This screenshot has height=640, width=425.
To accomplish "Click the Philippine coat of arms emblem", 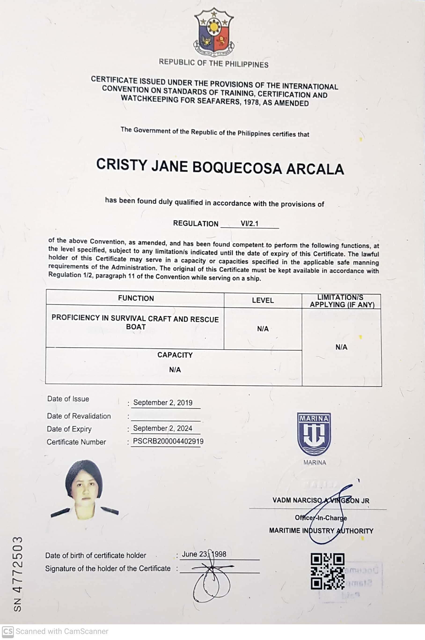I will tap(214, 32).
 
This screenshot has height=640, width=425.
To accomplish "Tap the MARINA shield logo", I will tap(314, 434).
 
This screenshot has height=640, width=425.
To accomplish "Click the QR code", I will tap(327, 571).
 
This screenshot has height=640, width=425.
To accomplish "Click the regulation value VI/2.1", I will tap(249, 224).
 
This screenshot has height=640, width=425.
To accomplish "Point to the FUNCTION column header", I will tap(136, 298).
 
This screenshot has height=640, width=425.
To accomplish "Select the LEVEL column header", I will tap(263, 300).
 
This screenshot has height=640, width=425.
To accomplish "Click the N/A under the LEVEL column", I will tap(263, 329).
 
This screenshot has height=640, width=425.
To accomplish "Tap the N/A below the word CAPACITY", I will tap(175, 370).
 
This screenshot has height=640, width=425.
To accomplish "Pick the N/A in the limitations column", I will tap(341, 347).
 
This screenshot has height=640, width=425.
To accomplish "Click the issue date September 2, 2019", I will tap(163, 403).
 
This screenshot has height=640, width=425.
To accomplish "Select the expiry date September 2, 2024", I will tap(163, 428).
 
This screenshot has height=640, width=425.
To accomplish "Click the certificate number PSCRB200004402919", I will tap(168, 441).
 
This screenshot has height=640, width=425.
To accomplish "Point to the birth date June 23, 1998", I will tap(204, 554).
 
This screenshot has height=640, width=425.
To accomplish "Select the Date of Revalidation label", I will tap(79, 416).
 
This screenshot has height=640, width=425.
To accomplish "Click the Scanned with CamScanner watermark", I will tap(55, 631).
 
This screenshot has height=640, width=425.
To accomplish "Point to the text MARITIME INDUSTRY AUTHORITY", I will tap(321, 531).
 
